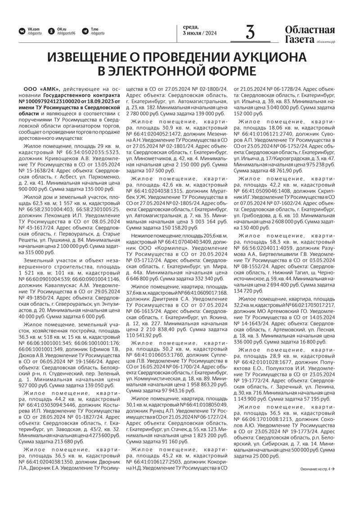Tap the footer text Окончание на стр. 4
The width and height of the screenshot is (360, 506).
coord(315,469)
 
